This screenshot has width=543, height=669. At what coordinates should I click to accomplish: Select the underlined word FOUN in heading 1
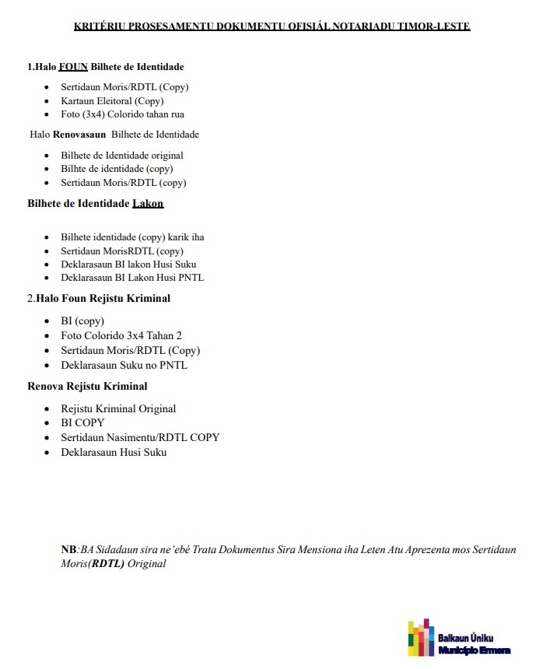[73, 67]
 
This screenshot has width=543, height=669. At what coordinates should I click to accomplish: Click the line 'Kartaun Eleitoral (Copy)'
[112, 101]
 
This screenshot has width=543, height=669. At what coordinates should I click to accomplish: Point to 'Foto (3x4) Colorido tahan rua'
[122, 114]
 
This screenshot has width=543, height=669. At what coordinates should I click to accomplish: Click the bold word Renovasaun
[79, 135]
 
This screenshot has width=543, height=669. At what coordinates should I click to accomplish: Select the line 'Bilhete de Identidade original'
[122, 156]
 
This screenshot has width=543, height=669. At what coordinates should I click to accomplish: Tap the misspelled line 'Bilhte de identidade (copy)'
[117, 169]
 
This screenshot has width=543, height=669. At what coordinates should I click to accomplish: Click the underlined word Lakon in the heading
[148, 204]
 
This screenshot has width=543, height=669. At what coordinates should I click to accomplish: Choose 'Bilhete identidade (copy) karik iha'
[132, 237]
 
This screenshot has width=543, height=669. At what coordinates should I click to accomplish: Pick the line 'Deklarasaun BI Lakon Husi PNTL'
[132, 278]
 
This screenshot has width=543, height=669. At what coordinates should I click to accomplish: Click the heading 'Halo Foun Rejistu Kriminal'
[103, 298]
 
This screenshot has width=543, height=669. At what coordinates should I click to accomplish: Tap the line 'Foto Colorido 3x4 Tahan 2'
[121, 335]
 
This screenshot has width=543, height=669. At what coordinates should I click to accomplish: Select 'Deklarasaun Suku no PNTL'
[124, 365]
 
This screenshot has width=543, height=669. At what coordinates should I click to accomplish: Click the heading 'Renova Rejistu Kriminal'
[87, 386]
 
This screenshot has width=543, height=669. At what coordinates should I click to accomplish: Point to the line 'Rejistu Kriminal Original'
[118, 408]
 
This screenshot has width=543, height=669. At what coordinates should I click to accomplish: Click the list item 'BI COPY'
[82, 422]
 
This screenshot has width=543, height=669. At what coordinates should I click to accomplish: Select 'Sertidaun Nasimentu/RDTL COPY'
[140, 437]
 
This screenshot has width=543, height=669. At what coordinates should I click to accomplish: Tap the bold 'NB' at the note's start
[68, 550]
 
